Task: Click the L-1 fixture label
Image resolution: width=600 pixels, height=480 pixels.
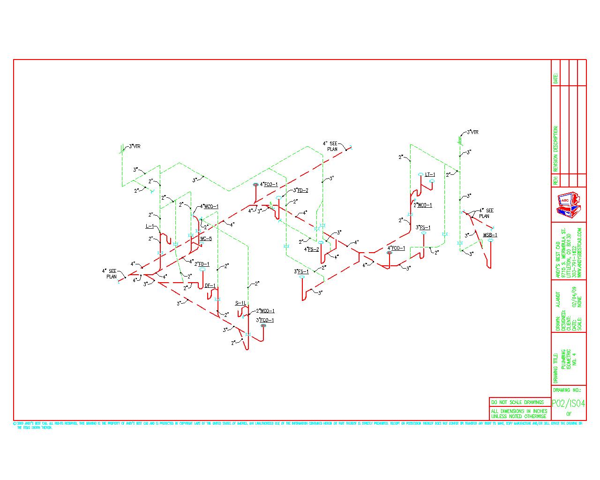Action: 150,226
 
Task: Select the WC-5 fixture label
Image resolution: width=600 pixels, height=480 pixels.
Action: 206,239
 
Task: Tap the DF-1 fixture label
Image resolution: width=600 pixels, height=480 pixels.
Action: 210,285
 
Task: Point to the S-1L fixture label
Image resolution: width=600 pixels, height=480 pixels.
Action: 240,304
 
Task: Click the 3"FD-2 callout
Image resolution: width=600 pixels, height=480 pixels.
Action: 300,190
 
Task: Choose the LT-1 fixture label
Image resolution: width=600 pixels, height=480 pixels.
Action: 430,174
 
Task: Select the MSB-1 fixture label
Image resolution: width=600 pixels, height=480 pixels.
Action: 490,235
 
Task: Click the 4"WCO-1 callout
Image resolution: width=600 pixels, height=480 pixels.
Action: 209,206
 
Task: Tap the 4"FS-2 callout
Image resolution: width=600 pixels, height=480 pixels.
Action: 312,249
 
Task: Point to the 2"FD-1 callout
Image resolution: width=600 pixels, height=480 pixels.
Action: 202,264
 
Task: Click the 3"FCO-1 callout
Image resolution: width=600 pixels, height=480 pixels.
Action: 265,320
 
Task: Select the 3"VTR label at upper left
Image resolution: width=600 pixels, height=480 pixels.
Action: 135,146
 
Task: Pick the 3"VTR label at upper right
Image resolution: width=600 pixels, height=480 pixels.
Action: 472,133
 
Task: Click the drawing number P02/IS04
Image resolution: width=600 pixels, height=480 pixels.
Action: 568,403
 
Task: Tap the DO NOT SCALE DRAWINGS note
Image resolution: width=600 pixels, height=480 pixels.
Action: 518,402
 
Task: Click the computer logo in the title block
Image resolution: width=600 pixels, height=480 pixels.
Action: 569,204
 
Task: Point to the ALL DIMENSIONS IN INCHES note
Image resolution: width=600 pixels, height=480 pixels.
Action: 518,413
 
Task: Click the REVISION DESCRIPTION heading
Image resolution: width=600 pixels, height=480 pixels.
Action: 556,149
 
